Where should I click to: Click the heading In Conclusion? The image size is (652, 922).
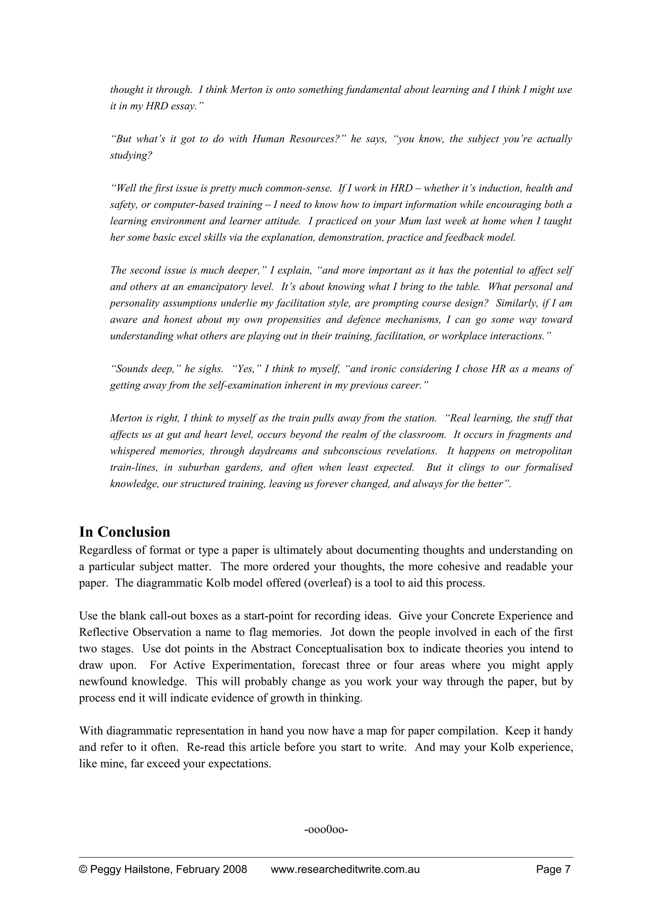(124, 532)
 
